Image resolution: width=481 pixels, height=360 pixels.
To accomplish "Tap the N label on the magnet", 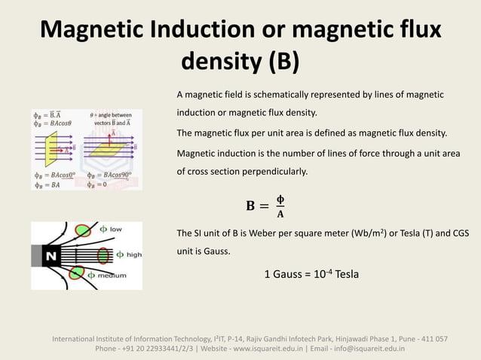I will click(x=51, y=257).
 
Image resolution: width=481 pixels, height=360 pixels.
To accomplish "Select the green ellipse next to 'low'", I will click(x=81, y=230).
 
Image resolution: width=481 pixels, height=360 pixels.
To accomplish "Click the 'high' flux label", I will click(x=133, y=255).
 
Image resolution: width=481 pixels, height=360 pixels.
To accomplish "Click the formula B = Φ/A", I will click(x=266, y=206).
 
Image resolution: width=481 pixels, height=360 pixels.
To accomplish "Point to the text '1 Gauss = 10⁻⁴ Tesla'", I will click(x=311, y=273).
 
